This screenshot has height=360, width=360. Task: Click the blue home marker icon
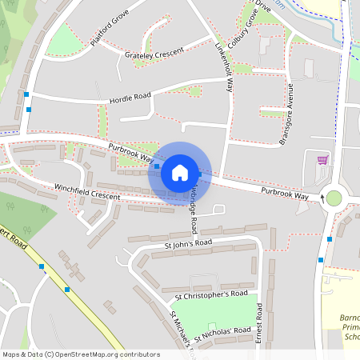click(x=180, y=172)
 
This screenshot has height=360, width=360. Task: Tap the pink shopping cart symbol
click(x=322, y=160)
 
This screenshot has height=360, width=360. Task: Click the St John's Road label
click(x=188, y=242)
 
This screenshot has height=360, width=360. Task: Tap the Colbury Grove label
click(x=250, y=28)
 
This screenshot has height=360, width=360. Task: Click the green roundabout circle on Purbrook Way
click(x=334, y=198)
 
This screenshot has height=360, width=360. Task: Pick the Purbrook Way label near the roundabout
click(x=285, y=193)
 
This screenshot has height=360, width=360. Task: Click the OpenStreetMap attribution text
click(x=80, y=354)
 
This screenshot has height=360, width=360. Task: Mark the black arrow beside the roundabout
click(x=323, y=195)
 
